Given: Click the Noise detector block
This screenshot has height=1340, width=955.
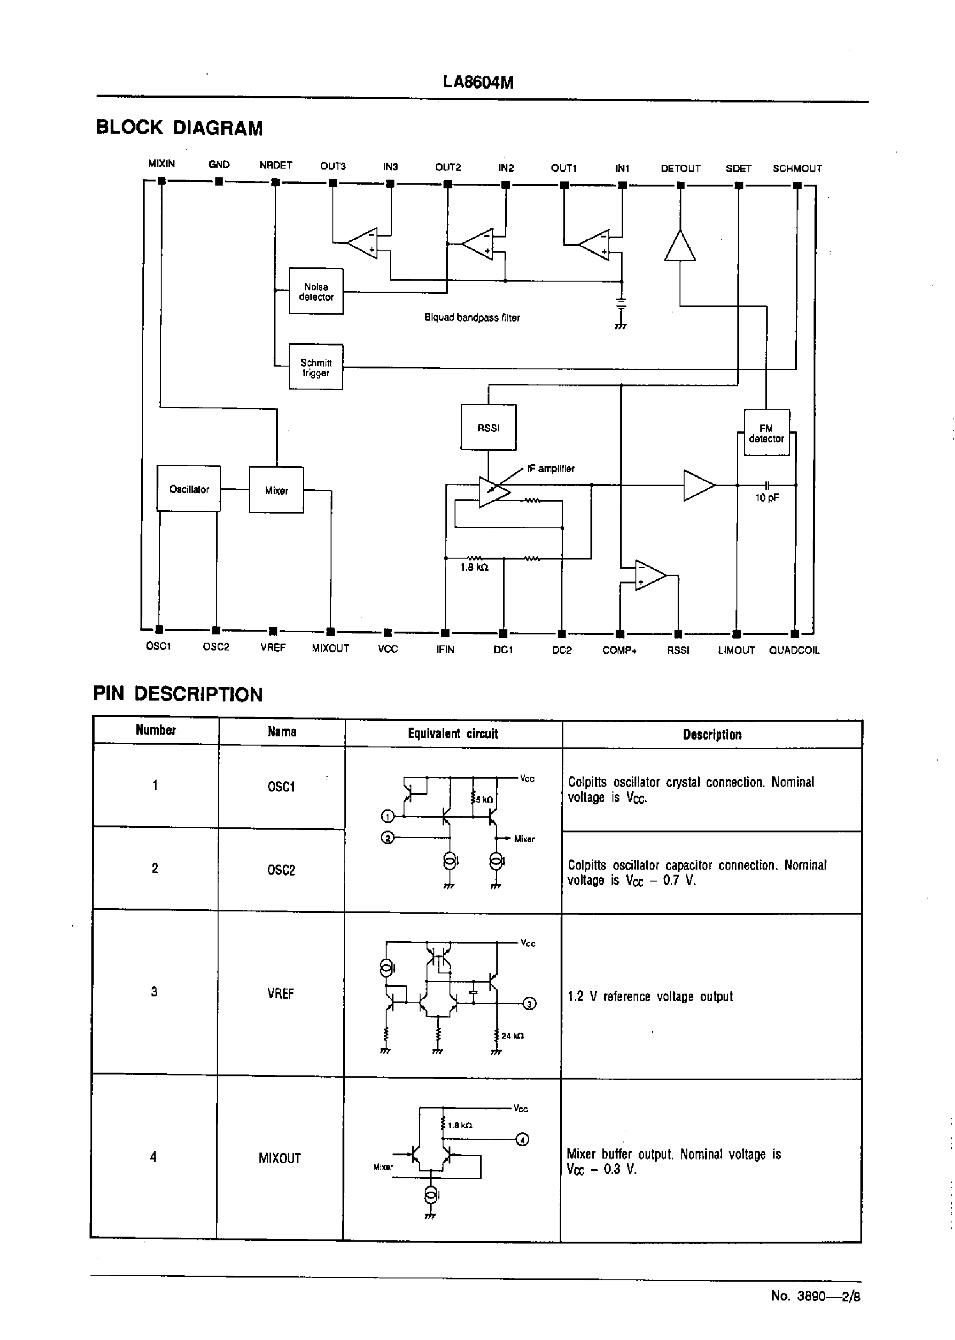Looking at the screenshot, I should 316,291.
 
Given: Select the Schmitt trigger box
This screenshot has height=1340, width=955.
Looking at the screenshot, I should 316,367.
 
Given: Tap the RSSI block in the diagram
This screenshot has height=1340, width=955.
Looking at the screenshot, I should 488,428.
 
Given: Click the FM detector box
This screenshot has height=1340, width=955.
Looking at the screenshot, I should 766,433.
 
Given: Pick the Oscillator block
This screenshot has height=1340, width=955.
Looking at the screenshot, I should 189,489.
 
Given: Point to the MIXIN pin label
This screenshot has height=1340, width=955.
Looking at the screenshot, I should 161,164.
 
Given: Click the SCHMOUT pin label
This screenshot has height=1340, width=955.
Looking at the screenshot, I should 797,168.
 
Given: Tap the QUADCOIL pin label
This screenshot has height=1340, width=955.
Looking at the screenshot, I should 794,650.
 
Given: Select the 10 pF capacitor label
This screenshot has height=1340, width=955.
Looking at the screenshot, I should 767,498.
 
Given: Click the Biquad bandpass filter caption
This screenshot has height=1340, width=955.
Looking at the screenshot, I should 472,317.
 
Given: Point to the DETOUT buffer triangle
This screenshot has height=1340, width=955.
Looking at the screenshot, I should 680,246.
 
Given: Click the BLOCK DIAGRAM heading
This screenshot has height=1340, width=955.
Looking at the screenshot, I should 180,128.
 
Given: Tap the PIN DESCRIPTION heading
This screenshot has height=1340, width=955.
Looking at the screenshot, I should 178,694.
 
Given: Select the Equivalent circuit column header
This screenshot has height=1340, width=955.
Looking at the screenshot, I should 453,734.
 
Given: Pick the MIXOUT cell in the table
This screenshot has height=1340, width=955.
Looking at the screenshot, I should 279,1158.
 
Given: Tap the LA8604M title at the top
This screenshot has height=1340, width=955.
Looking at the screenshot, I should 477,82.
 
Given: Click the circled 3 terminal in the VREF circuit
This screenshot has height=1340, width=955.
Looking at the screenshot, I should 529,1004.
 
